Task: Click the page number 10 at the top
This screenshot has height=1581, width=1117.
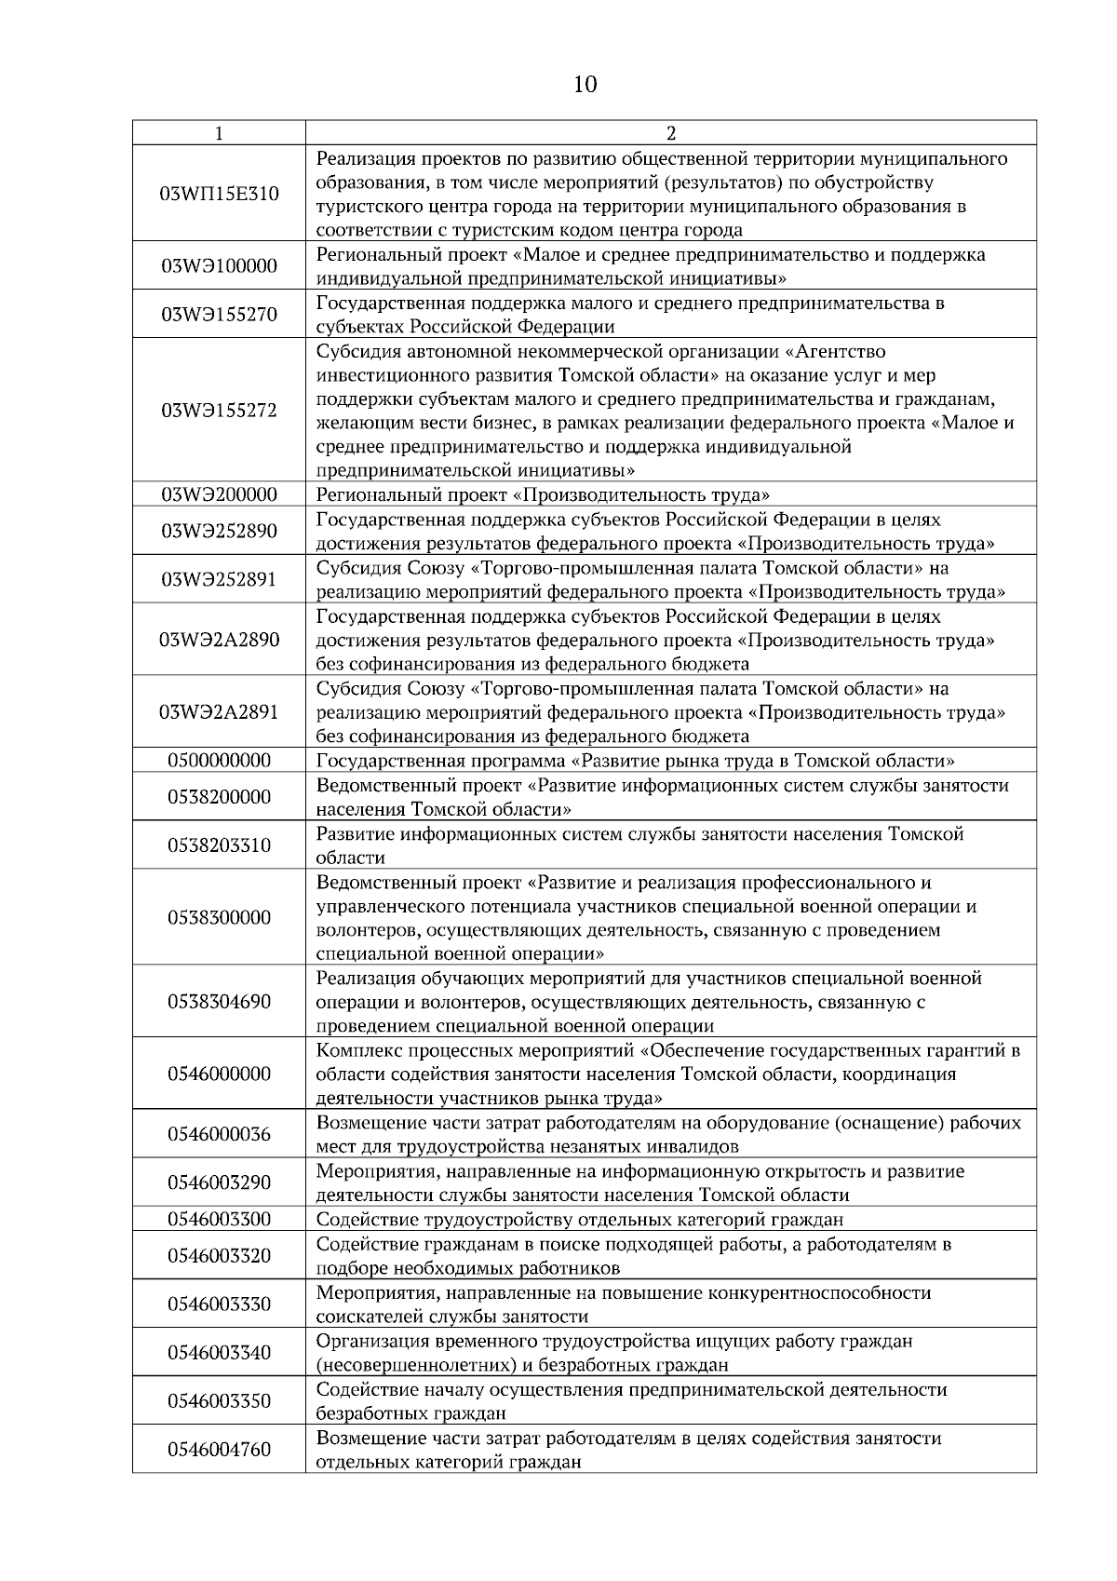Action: click(585, 85)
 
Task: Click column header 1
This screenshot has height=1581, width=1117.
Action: click(219, 133)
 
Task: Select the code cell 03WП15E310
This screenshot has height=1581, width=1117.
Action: click(220, 194)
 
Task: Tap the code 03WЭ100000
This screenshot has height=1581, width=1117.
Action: click(220, 266)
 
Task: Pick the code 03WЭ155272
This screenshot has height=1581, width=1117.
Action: click(220, 411)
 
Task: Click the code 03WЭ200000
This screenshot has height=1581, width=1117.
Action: click(220, 494)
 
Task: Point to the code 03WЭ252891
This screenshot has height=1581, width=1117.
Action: click(220, 579)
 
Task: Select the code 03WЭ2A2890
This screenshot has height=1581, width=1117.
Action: click(220, 640)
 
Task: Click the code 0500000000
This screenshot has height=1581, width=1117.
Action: click(220, 761)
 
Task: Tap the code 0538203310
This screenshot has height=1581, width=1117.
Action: click(220, 845)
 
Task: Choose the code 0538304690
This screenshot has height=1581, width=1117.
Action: click(220, 1002)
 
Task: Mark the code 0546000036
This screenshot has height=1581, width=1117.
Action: click(220, 1134)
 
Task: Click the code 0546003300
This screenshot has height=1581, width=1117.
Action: click(220, 1219)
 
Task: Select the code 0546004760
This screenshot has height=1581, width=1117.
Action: click(220, 1450)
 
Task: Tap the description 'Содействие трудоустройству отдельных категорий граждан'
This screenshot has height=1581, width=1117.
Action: click(580, 1219)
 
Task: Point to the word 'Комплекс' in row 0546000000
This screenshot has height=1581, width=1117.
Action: click(356, 1050)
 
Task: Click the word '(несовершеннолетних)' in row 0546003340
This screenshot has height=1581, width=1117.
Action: click(404, 1365)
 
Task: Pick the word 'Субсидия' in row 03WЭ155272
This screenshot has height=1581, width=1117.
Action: click(358, 351)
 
